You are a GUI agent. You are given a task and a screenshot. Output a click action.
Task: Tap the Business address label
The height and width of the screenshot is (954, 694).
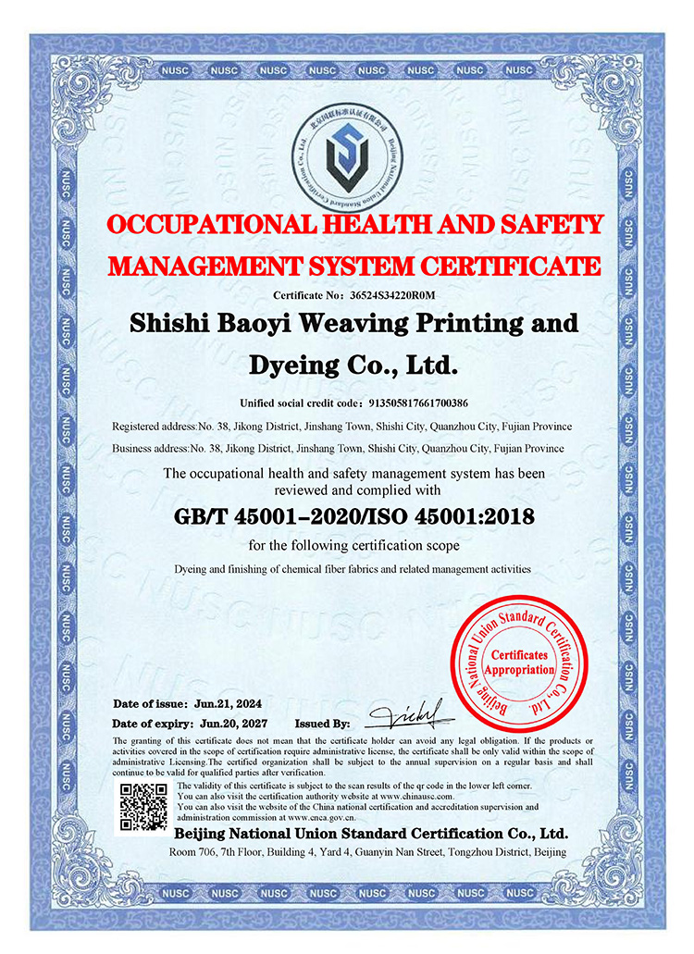(x=146, y=449)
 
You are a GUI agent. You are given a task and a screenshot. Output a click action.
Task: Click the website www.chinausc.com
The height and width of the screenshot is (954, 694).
(x=414, y=797)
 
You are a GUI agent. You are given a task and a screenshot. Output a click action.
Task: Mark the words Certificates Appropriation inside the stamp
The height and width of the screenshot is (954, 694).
(x=519, y=662)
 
